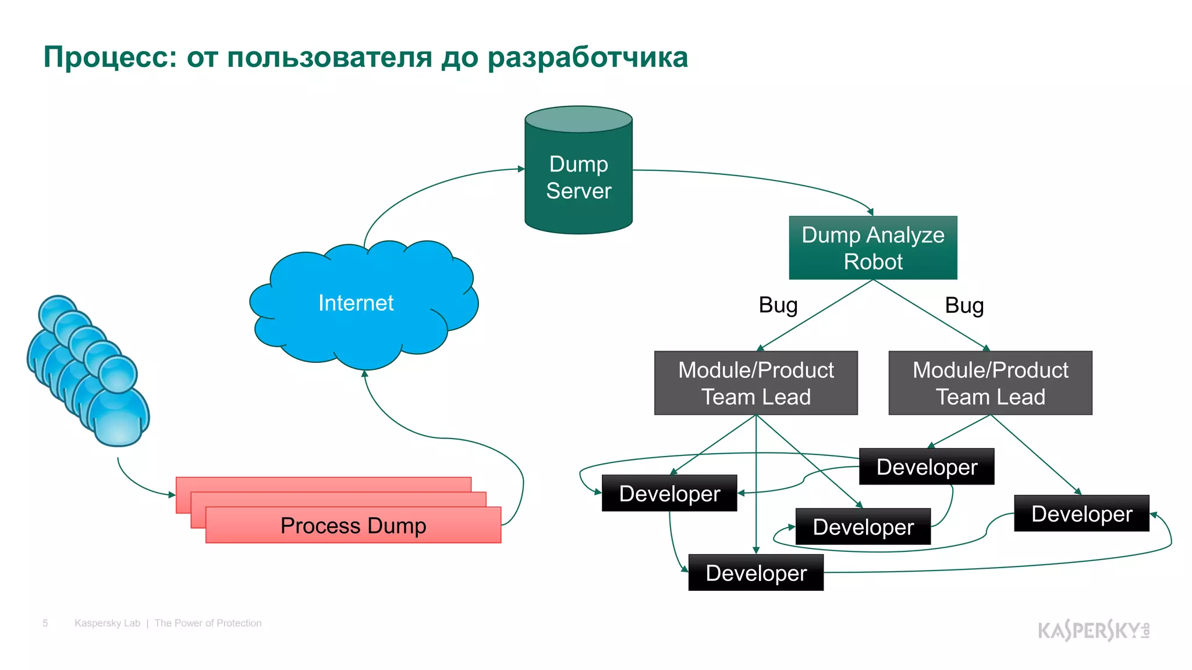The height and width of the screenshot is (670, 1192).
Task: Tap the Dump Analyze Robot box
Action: click(872, 248)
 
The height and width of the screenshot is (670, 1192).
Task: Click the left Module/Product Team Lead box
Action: click(755, 383)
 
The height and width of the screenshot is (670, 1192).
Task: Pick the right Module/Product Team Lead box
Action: click(990, 383)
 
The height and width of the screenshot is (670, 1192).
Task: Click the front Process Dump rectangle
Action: click(353, 525)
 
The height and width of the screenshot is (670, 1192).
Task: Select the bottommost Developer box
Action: click(755, 573)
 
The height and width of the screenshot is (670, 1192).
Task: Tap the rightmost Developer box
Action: click(1081, 514)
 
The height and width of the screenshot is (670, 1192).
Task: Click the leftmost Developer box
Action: click(669, 493)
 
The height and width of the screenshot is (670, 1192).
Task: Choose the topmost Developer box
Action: click(926, 466)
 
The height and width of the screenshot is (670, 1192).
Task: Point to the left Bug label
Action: click(778, 305)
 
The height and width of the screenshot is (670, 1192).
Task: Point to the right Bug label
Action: click(964, 305)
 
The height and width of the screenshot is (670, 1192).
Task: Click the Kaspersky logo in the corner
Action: click(1093, 630)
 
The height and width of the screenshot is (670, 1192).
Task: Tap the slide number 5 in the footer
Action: click(45, 623)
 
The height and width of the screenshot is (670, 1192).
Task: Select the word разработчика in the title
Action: click(587, 57)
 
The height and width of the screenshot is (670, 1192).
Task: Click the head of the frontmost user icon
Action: click(118, 374)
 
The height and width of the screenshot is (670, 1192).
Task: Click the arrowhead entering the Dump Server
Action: click(521, 169)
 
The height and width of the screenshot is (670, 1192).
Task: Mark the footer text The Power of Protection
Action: click(208, 623)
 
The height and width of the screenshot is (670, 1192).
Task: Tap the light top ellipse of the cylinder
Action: click(578, 119)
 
